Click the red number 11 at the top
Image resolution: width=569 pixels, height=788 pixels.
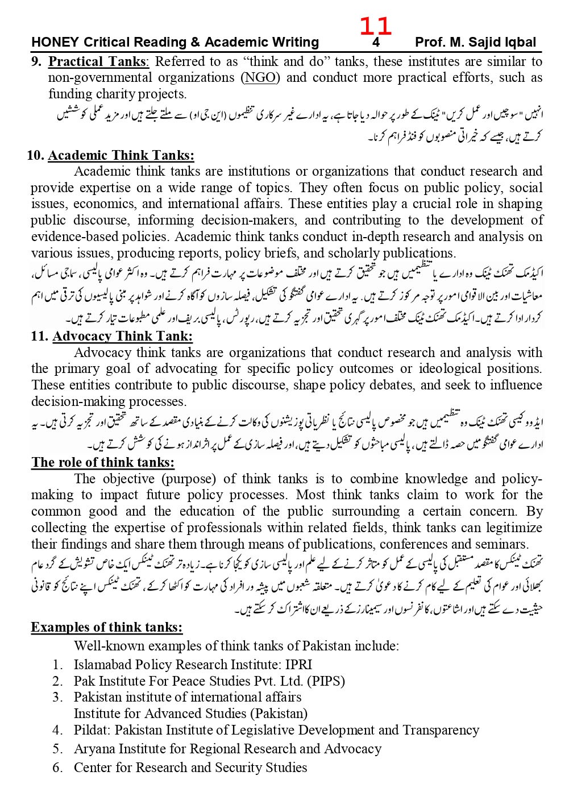(x=375, y=26)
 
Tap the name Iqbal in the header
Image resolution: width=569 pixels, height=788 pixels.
(x=517, y=43)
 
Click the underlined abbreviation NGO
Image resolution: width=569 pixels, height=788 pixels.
(x=260, y=78)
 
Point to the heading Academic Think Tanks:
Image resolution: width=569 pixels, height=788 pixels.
(x=121, y=155)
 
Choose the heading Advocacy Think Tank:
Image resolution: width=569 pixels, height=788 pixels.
(x=122, y=336)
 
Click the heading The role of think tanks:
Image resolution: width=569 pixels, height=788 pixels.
(x=103, y=462)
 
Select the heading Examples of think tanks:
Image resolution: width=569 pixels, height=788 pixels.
(x=107, y=627)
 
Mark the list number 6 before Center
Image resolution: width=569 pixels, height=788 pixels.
(x=57, y=768)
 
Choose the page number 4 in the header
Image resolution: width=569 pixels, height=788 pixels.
(x=376, y=43)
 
